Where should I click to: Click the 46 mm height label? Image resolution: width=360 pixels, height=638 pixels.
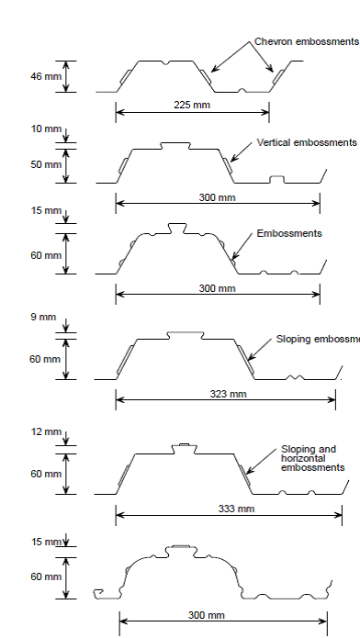pyautogui.click(x=41, y=76)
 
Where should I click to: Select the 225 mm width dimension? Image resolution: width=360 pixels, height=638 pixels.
pyautogui.click(x=192, y=105)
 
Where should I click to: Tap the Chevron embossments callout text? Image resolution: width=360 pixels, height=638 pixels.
pyautogui.click(x=306, y=42)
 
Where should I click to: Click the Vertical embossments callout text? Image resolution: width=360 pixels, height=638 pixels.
pyautogui.click(x=307, y=143)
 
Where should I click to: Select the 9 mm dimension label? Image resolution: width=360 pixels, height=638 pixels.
pyautogui.click(x=43, y=318)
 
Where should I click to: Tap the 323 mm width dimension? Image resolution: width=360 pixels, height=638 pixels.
pyautogui.click(x=224, y=395)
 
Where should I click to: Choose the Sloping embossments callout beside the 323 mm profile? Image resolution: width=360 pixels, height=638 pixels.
pyautogui.click(x=317, y=339)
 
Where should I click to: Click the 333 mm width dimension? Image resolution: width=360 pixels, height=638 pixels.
pyautogui.click(x=233, y=509)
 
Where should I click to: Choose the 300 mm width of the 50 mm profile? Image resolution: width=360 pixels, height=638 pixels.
pyautogui.click(x=217, y=197)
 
